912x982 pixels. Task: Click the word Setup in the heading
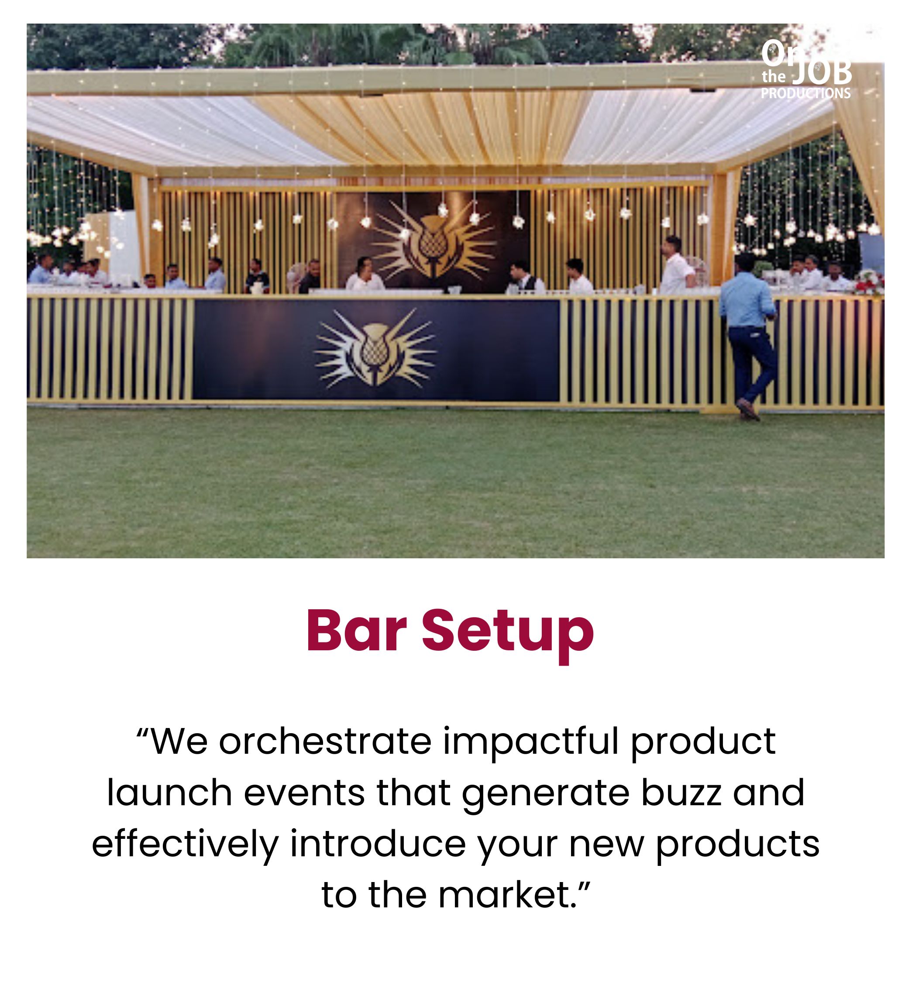click(508, 635)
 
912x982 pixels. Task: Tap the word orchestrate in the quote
click(325, 741)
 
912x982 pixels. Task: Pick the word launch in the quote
click(169, 793)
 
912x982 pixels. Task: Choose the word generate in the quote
click(546, 796)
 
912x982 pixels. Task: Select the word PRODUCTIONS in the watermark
click(805, 93)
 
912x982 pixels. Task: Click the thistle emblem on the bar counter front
click(375, 348)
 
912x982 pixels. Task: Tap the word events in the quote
click(304, 793)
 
